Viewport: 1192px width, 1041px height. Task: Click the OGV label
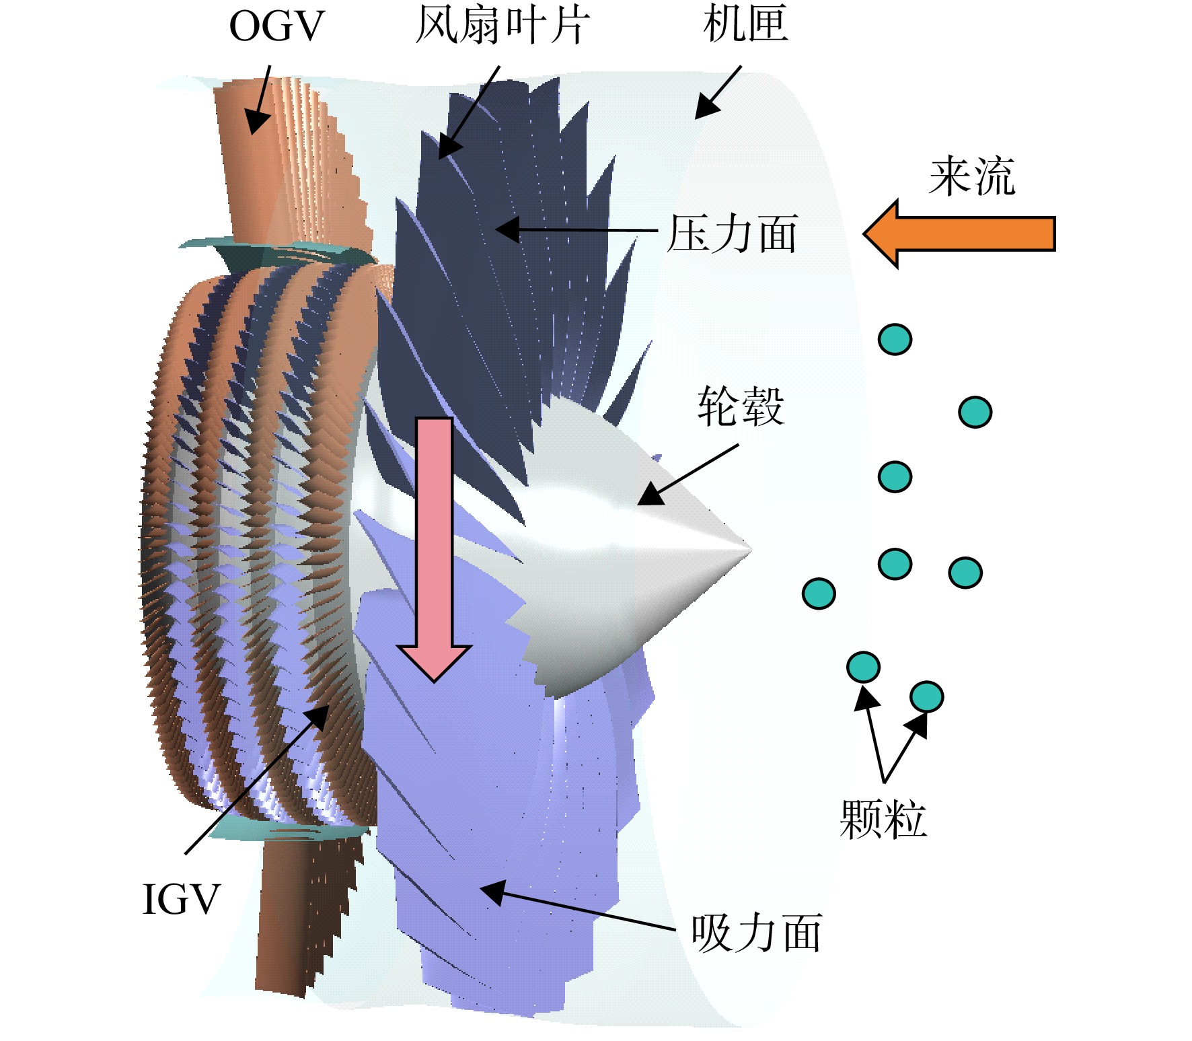pos(276,27)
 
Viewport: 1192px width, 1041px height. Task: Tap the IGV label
pos(182,899)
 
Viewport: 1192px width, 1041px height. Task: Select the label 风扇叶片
pos(502,25)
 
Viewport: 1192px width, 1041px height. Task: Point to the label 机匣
pos(745,24)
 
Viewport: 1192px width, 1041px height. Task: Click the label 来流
pos(972,176)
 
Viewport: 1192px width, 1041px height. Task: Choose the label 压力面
pos(732,234)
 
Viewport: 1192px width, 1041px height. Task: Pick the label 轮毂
pos(741,406)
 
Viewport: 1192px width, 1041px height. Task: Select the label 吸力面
pos(757,933)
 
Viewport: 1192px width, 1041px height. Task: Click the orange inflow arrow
pos(959,234)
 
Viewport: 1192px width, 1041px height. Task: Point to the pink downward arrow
pos(434,550)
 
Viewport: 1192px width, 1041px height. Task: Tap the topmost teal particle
pos(895,339)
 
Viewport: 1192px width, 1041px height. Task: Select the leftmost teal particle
pos(819,594)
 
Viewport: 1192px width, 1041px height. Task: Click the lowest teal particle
pos(926,696)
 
